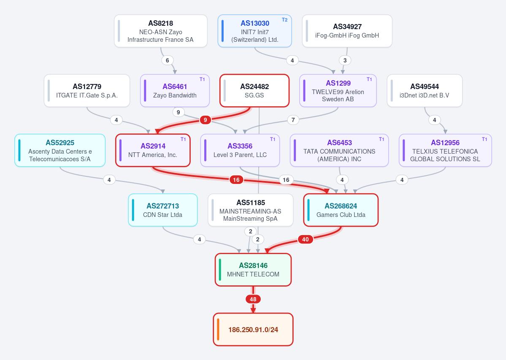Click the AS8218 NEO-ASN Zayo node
point(161,31)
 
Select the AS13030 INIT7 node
point(254,31)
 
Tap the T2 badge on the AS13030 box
point(284,20)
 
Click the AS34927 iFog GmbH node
point(347,31)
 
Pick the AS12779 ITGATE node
point(87,91)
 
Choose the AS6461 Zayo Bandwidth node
point(175,91)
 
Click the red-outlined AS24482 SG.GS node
point(254,91)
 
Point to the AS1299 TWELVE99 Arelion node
point(338,91)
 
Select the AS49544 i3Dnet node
point(425,91)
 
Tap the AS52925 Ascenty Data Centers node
point(60,150)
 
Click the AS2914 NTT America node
point(153,150)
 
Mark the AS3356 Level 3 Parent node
point(240,150)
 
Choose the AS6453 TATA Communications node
point(339,150)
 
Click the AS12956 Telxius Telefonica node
point(445,150)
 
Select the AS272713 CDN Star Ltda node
point(162,210)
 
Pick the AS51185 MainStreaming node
point(250,210)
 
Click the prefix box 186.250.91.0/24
point(253,329)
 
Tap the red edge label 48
point(253,299)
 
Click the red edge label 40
point(305,239)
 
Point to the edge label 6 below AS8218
point(167,60)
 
